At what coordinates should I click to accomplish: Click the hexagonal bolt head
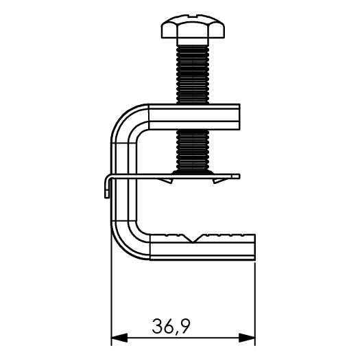pos(193,27)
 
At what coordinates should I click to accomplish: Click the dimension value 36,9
pos(171,326)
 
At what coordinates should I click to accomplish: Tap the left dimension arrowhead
pos(119,338)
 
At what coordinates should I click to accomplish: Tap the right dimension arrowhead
pos(247,338)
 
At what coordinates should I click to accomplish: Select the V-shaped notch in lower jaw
pos(193,238)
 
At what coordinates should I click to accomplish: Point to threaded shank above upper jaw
pos(193,74)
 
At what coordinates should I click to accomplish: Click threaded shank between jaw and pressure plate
pos(193,150)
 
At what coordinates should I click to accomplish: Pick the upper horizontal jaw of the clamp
pos(194,117)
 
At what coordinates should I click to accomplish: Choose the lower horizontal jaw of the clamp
pos(202,247)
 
